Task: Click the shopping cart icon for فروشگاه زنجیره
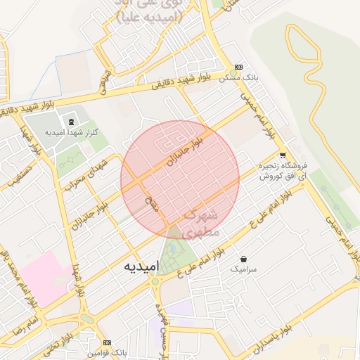(x=283, y=155)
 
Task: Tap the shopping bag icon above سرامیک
(x=243, y=259)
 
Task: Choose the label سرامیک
(x=244, y=269)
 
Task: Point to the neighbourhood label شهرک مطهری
(x=200, y=221)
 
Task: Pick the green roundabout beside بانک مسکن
(x=233, y=72)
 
